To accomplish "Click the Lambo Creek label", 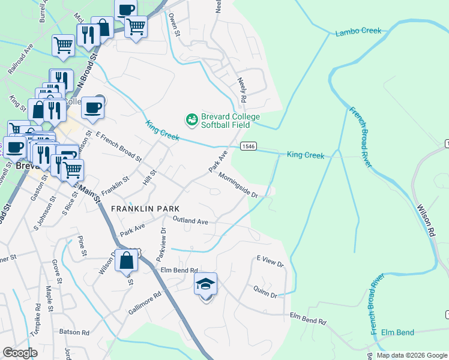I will (x=358, y=31).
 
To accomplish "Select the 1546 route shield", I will (x=248, y=146).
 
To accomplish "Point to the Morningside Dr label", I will (x=238, y=185).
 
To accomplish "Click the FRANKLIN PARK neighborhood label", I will (x=145, y=208).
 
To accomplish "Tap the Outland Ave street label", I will (x=190, y=221).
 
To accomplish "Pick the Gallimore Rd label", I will (x=145, y=304).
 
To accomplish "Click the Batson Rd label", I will (x=74, y=332).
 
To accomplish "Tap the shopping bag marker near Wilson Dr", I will (x=126, y=261).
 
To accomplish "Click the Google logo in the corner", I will (x=20, y=353).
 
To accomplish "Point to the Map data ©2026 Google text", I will (x=411, y=355).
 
